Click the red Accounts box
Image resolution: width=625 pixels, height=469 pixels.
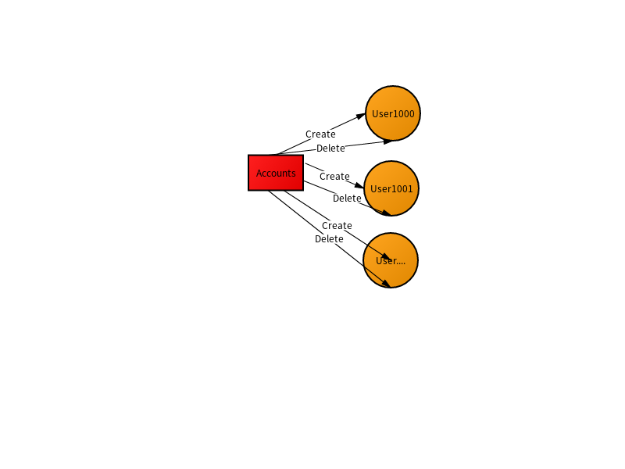click(x=276, y=173)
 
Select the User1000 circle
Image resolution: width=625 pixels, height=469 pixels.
click(x=393, y=113)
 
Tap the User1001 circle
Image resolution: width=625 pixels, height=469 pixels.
click(x=391, y=188)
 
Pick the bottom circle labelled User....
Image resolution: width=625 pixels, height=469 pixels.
click(x=391, y=260)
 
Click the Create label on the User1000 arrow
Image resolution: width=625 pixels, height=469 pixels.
click(x=320, y=134)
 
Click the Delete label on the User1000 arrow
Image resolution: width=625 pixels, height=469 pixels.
click(x=330, y=149)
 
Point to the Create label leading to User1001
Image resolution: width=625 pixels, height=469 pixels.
click(x=334, y=177)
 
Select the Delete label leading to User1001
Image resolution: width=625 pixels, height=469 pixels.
click(x=347, y=199)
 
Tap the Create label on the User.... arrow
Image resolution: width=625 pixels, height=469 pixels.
click(x=337, y=226)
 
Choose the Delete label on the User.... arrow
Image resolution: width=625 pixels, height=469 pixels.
click(x=329, y=239)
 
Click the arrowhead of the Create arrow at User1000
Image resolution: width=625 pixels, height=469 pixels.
click(x=361, y=116)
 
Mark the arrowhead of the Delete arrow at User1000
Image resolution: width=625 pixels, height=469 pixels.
click(x=387, y=141)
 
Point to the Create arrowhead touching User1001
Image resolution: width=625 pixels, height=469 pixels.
click(x=359, y=185)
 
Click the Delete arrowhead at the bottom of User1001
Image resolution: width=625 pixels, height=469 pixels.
click(x=386, y=213)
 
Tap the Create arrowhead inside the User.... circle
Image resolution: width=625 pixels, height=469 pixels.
click(x=386, y=256)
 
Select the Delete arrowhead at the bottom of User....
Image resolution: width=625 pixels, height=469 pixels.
click(x=386, y=283)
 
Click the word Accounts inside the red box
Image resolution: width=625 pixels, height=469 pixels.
click(x=276, y=173)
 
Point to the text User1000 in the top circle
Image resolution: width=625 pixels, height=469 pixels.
click(x=393, y=113)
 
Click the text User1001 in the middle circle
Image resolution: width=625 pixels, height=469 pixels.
click(x=391, y=188)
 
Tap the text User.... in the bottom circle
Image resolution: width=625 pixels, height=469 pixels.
click(x=391, y=261)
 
